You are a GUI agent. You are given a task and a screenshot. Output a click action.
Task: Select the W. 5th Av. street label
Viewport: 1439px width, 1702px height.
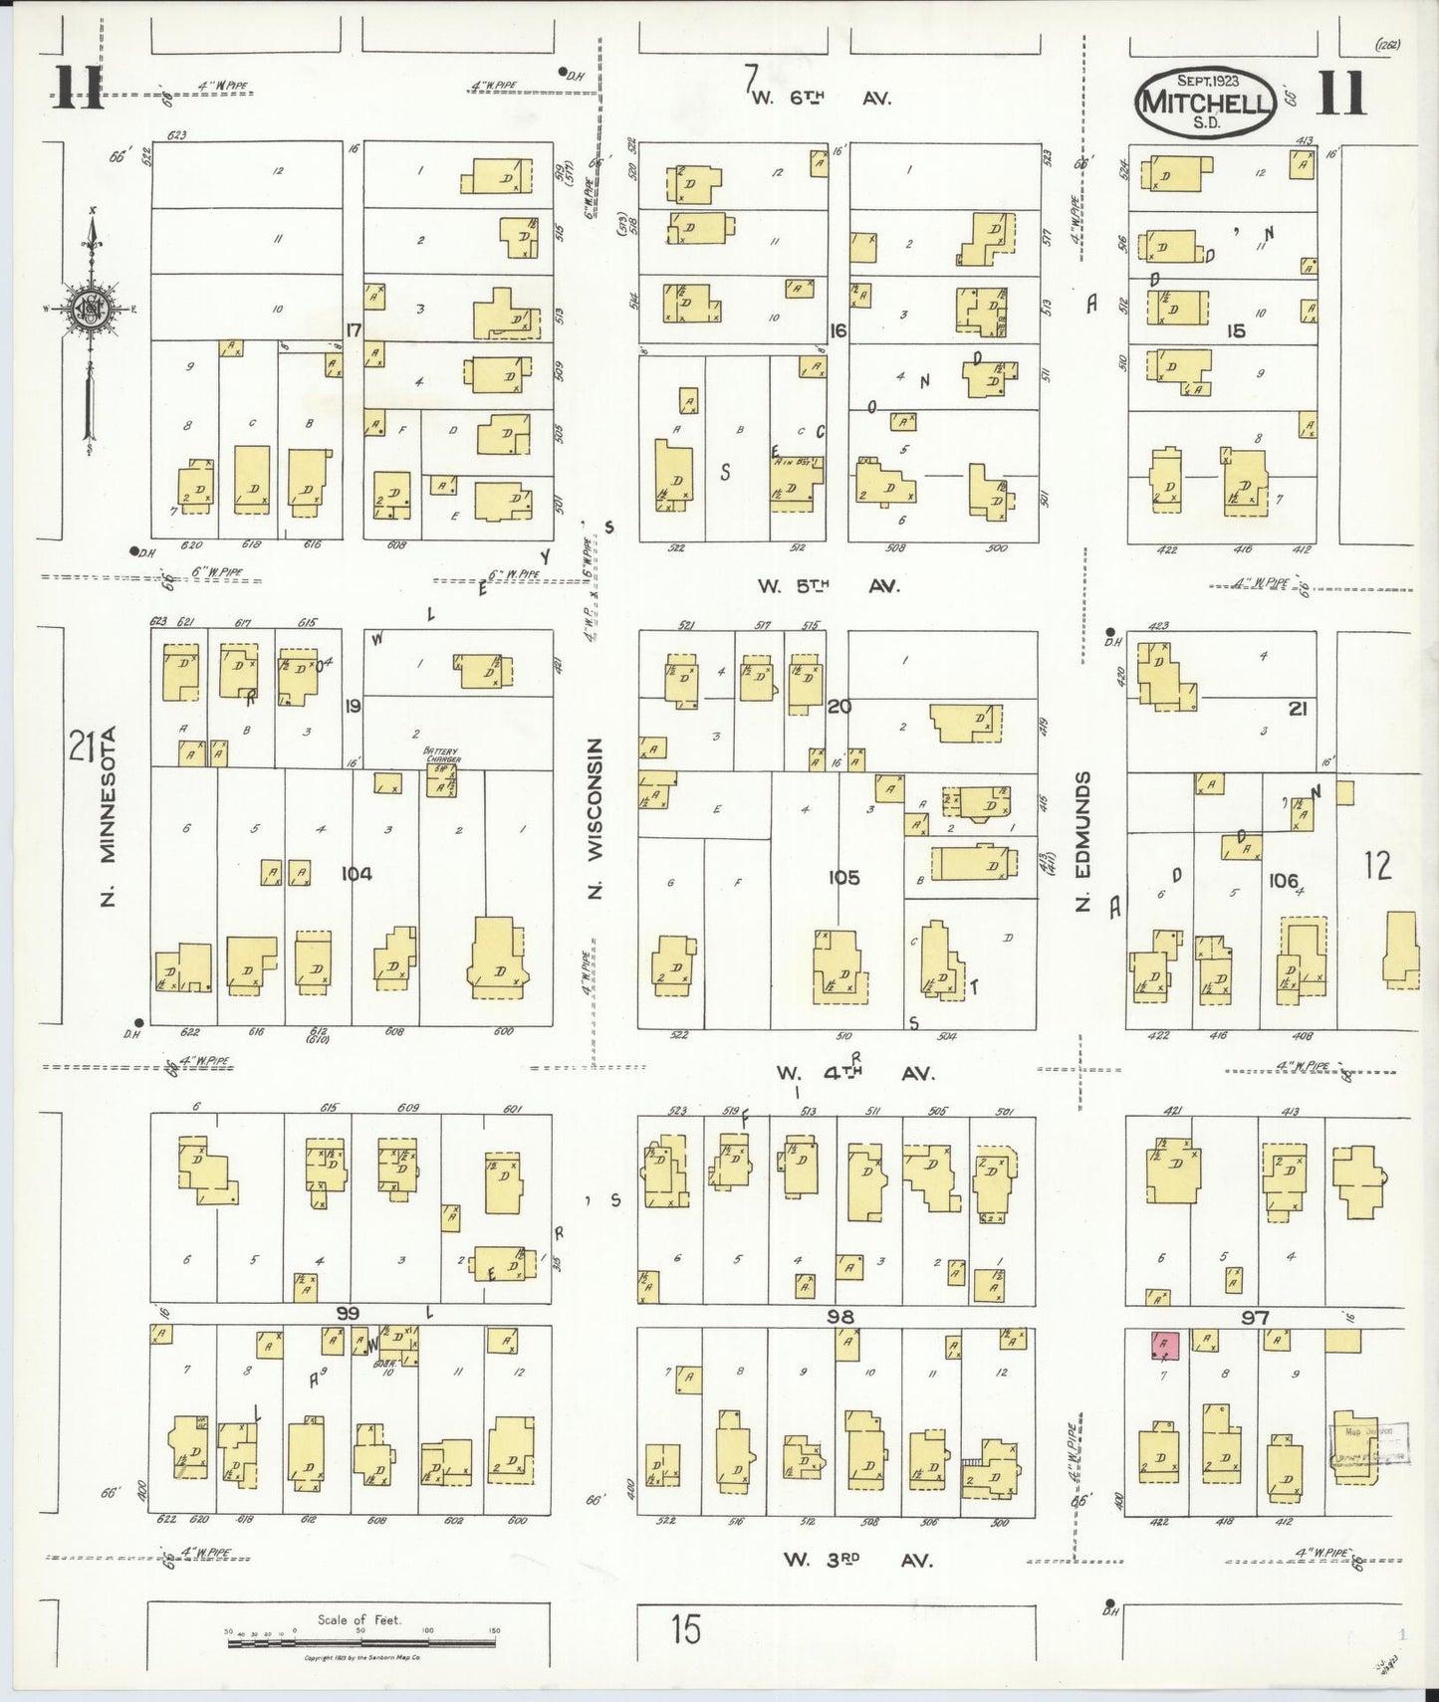click(x=828, y=586)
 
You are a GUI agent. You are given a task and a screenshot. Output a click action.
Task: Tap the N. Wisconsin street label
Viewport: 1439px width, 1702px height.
click(x=596, y=818)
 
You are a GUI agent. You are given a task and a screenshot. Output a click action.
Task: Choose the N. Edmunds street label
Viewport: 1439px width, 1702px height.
click(x=1083, y=841)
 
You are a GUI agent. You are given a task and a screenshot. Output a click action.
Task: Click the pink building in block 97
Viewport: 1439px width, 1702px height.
click(x=1164, y=1346)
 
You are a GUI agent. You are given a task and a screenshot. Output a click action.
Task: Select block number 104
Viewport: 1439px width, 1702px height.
click(x=357, y=874)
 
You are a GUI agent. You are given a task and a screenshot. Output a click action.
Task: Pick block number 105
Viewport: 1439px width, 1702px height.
click(x=843, y=877)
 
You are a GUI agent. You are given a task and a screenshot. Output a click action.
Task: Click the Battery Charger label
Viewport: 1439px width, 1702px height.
click(x=443, y=755)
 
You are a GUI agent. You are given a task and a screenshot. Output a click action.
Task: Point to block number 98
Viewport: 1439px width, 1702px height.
click(x=840, y=1317)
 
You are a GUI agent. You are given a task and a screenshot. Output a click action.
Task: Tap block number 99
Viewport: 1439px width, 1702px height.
click(x=347, y=1314)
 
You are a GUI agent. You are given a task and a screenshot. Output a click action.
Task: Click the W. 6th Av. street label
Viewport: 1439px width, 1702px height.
click(x=821, y=98)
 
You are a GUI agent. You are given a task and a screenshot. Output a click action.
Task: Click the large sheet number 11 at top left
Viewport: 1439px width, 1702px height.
click(x=78, y=89)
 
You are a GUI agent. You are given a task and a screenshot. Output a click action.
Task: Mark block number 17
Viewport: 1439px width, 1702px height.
click(x=353, y=329)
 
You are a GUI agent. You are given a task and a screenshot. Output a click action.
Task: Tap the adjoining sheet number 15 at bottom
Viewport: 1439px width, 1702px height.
click(x=685, y=1629)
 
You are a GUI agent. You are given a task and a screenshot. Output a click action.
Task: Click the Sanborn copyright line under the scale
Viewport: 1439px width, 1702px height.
click(x=362, y=1658)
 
